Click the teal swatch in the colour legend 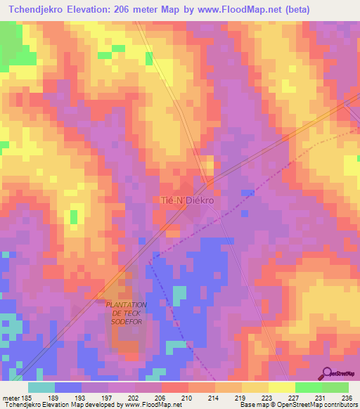click(41, 387)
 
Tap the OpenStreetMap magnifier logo click(327, 373)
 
